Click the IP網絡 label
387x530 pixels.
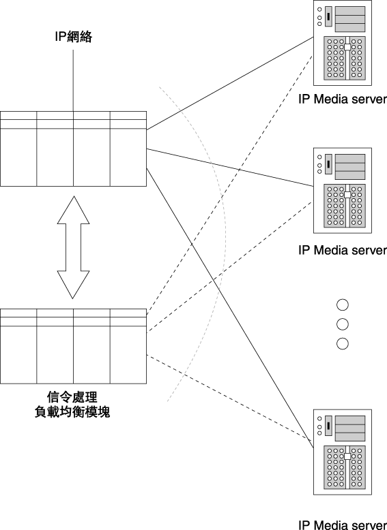coord(74,37)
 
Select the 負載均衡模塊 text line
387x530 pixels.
coord(72,412)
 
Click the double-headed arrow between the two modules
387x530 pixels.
coord(74,247)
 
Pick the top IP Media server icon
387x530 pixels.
coord(343,43)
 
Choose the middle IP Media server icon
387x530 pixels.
coord(343,190)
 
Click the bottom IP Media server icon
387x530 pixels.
coord(343,452)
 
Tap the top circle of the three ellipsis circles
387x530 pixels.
coord(343,305)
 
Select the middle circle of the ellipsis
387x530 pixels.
coord(343,324)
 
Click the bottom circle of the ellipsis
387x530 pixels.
coord(343,344)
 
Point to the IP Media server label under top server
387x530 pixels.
coord(343,99)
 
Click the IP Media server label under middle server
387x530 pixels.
coord(343,250)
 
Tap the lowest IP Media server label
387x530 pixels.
coord(343,525)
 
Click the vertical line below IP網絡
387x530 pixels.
coord(73,80)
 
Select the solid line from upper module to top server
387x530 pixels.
coord(230,83)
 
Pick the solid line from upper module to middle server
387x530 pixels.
coord(230,168)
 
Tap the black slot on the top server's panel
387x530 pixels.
coord(328,16)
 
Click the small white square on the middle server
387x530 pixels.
coord(347,195)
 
